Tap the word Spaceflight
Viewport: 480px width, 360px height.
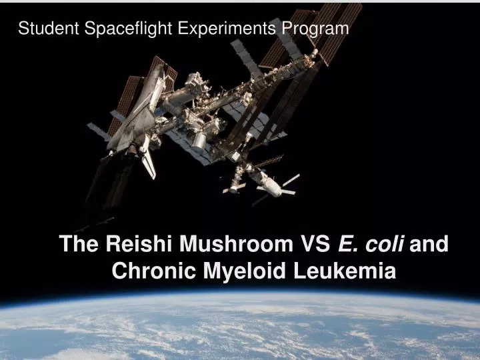click(116, 28)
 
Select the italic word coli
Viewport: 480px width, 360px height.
click(385, 245)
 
